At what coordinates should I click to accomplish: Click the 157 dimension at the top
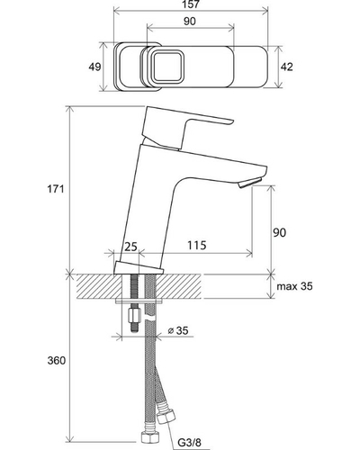tap(191, 4)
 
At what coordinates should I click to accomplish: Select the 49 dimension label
tap(94, 67)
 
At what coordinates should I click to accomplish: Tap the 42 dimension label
tap(286, 67)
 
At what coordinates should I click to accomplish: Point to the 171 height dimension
tap(56, 189)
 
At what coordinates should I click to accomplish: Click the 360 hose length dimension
tap(57, 360)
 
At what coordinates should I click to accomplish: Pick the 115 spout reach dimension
tap(197, 245)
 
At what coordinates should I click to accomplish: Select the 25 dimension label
tap(130, 247)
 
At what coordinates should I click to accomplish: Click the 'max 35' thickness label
tap(294, 286)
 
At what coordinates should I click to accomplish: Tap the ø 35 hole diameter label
tap(178, 330)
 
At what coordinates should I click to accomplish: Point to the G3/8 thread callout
tap(190, 442)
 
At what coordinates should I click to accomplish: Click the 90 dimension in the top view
tap(190, 22)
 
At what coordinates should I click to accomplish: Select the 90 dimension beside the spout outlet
tap(279, 232)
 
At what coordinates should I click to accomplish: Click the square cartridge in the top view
tap(167, 67)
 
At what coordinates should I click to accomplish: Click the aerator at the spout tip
tap(250, 183)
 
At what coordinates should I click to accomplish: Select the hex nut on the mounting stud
tap(134, 316)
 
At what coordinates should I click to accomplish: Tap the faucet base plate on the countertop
tap(139, 268)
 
